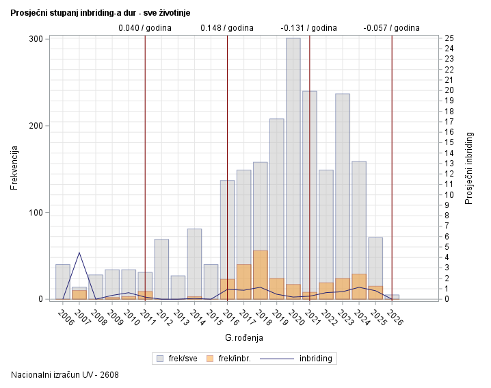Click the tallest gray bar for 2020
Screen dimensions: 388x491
293,164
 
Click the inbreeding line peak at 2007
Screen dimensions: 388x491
79,253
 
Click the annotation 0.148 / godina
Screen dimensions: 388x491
227,28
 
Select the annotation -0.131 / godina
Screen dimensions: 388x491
309,28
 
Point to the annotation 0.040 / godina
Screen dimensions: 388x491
145,28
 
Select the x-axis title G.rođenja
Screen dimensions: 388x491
244,337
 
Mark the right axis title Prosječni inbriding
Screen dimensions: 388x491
469,168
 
